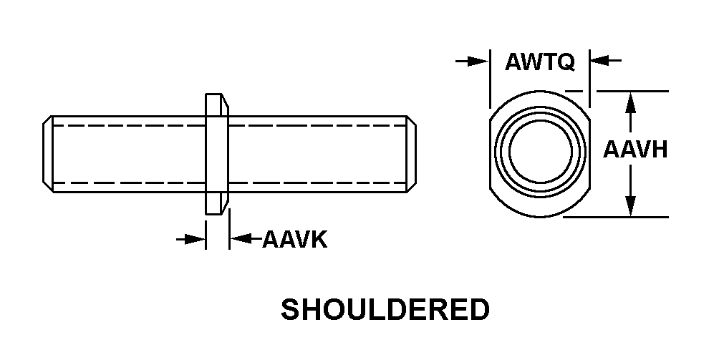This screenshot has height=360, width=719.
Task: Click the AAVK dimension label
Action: [294, 239]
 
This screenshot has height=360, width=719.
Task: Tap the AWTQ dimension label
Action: [539, 63]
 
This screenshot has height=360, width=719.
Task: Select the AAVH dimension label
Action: [635, 150]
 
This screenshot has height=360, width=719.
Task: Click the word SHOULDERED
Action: [385, 310]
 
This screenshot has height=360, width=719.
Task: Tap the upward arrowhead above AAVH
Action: [630, 102]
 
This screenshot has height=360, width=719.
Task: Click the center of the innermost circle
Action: [540, 153]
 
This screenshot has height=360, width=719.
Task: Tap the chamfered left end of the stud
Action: [47, 154]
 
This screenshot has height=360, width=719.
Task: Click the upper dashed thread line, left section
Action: [129, 125]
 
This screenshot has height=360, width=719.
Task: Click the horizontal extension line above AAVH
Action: [630, 91]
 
